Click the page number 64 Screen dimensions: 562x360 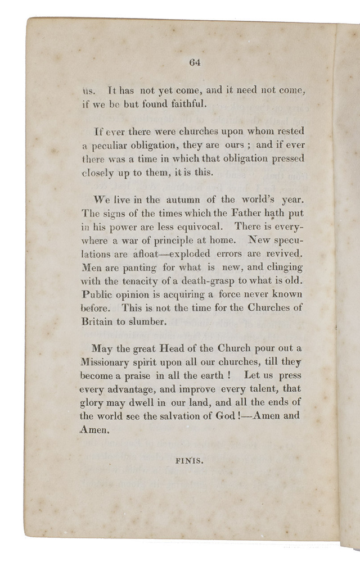pyautogui.click(x=195, y=62)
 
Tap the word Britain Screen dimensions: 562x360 pyautogui.click(x=97, y=321)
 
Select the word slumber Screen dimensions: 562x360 pyautogui.click(x=151, y=321)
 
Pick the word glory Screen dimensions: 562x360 pyautogui.click(x=93, y=402)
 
